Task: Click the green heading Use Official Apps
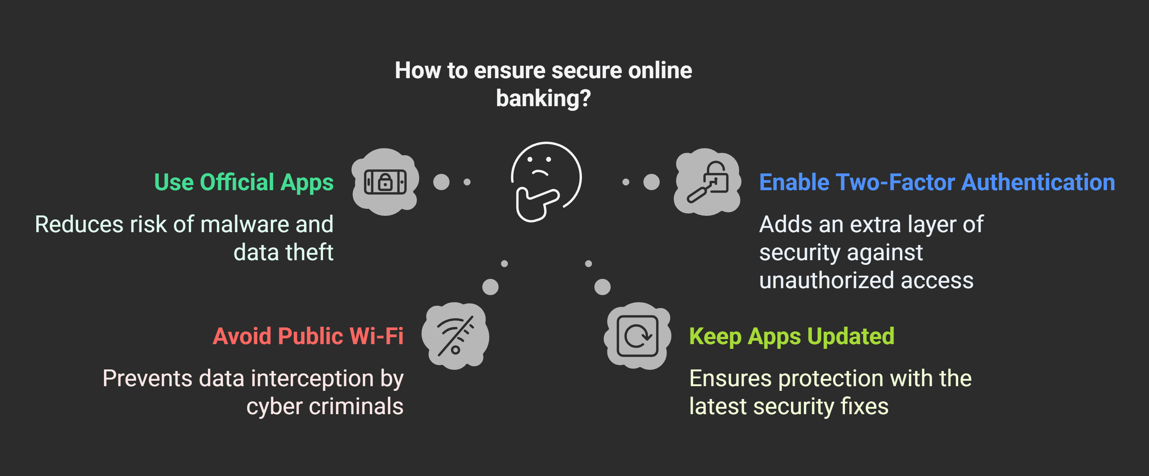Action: (x=244, y=182)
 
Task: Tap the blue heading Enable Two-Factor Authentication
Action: (x=937, y=182)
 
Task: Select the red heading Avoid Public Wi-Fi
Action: (x=308, y=336)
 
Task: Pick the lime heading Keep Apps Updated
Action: (x=792, y=336)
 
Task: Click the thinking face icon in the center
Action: (x=545, y=181)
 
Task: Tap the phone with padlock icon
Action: (x=385, y=182)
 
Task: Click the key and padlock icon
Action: (x=707, y=182)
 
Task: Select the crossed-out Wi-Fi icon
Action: (x=455, y=336)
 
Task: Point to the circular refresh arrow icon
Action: (x=638, y=336)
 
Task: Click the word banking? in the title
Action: (x=543, y=98)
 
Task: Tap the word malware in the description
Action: (x=244, y=224)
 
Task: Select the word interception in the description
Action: (x=312, y=378)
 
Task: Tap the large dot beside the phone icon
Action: (x=441, y=182)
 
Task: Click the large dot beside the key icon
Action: (x=651, y=182)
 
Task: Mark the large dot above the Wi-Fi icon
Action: (x=490, y=287)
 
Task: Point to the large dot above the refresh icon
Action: (x=602, y=287)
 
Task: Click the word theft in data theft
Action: (x=309, y=252)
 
